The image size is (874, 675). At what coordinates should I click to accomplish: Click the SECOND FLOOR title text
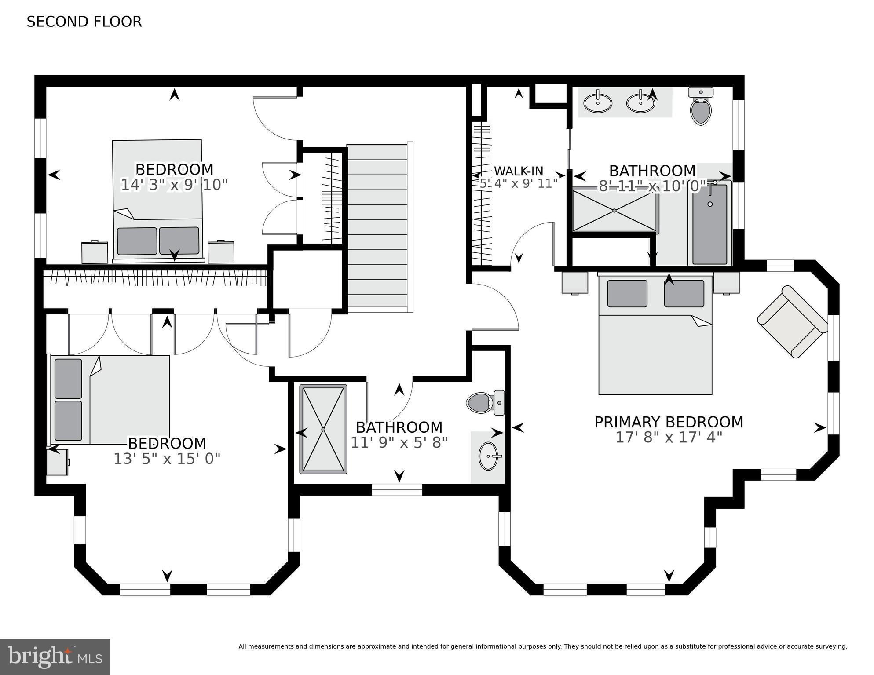84,22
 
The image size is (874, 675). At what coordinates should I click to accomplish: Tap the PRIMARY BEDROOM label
669,422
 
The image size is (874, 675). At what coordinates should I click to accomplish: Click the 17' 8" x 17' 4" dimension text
669,438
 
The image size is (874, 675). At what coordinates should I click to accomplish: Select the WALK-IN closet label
519,171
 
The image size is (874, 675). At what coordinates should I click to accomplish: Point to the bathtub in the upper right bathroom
709,224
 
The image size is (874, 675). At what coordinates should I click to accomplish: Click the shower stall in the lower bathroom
323,429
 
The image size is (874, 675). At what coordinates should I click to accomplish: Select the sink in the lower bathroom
488,456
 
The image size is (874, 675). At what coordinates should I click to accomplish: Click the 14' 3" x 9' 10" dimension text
174,185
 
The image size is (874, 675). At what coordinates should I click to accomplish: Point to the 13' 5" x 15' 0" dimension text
167,459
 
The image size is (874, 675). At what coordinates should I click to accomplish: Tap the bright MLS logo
55,657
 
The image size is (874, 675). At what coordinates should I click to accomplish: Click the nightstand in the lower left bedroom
57,462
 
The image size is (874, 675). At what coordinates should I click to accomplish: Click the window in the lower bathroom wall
397,490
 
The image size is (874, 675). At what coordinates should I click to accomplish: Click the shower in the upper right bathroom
614,210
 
